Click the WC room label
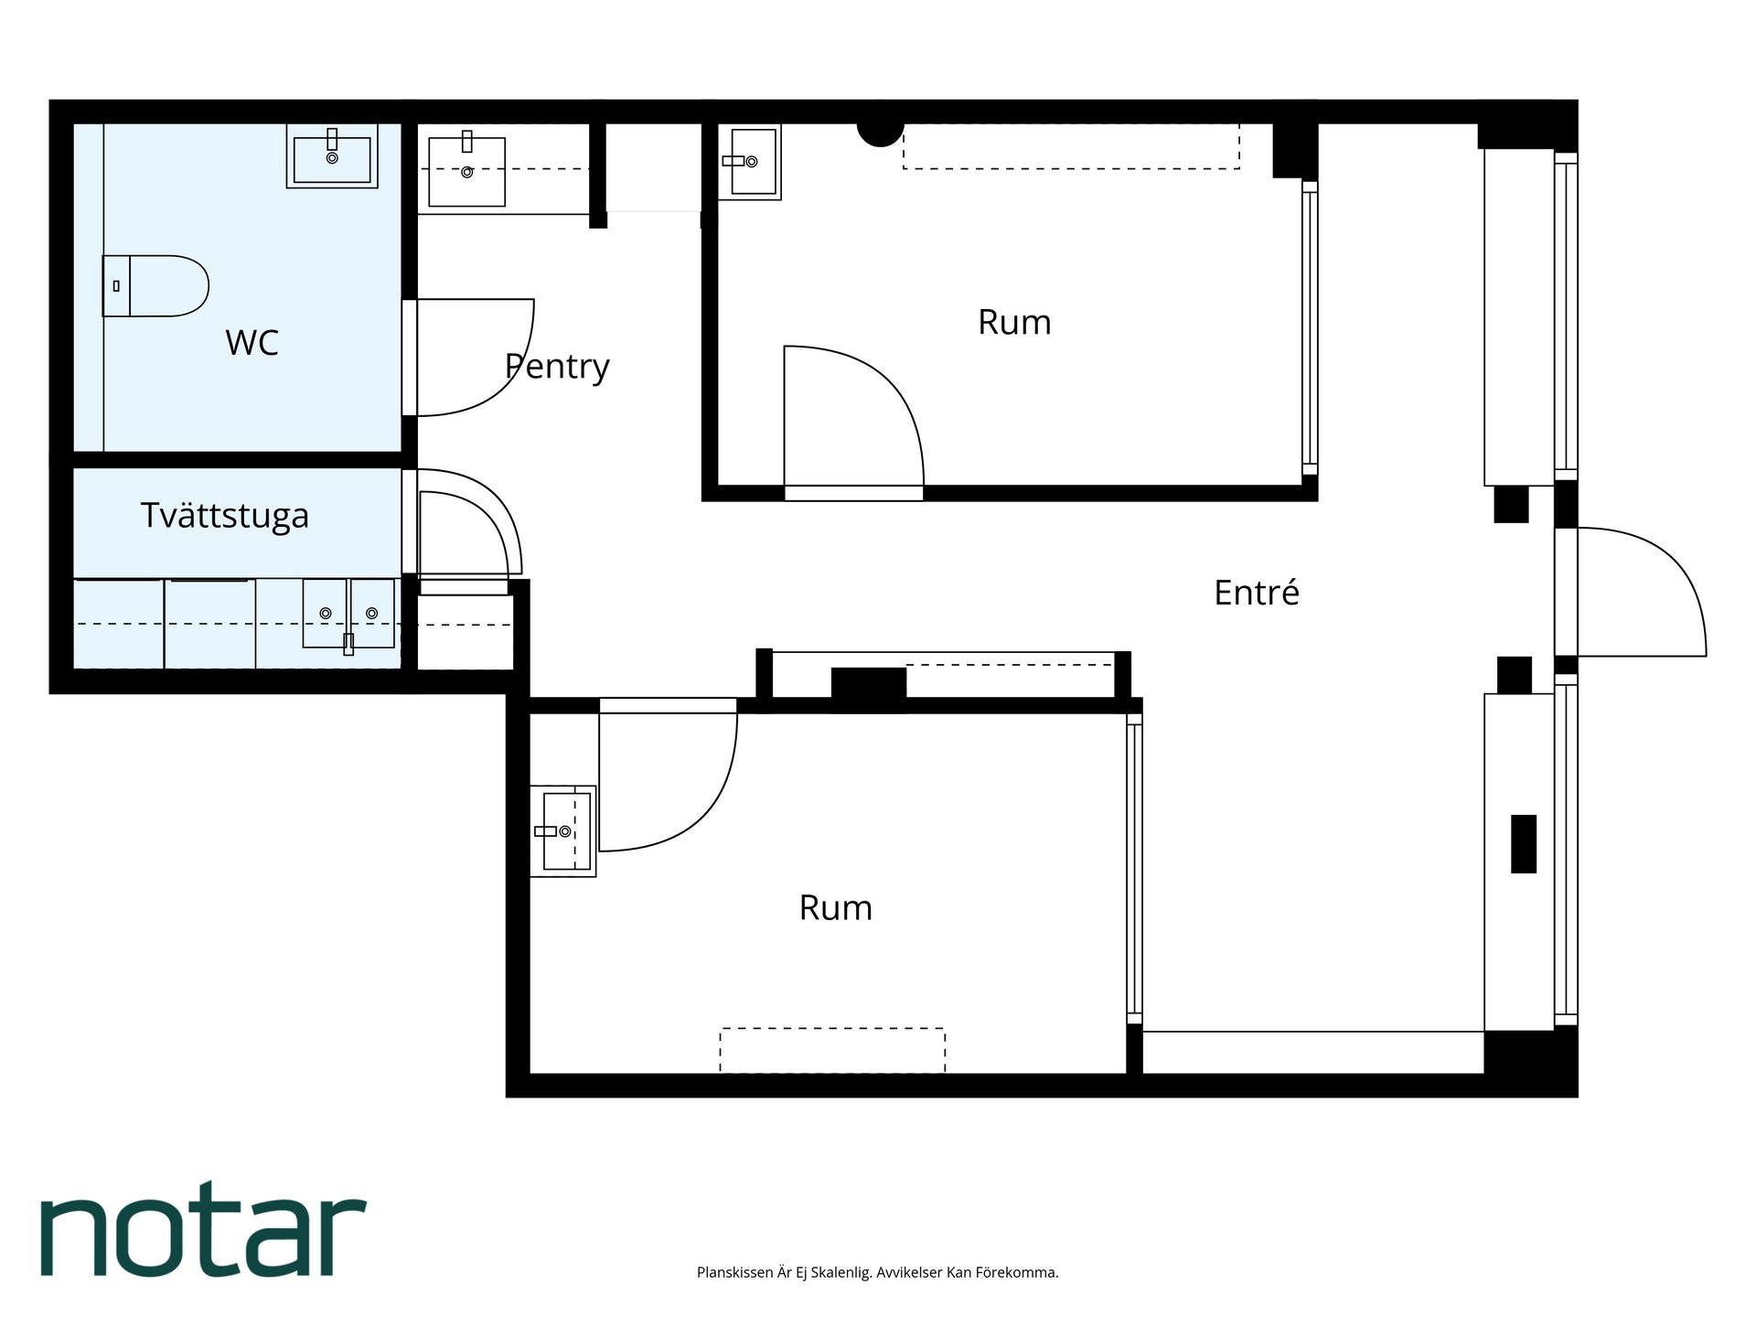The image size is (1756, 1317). (x=252, y=343)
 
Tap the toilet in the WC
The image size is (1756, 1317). (x=155, y=286)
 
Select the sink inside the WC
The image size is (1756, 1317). (x=332, y=156)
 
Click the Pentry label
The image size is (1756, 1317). (x=557, y=367)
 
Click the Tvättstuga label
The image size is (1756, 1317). (x=225, y=516)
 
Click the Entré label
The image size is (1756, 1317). (x=1257, y=593)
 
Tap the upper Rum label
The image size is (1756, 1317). (x=1014, y=322)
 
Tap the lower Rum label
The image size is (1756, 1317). (x=836, y=907)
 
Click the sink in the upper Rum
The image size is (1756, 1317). (x=750, y=162)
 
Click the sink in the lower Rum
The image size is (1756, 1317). (x=564, y=831)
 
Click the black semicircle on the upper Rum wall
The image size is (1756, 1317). (x=881, y=134)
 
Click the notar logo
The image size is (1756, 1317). (x=203, y=1227)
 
